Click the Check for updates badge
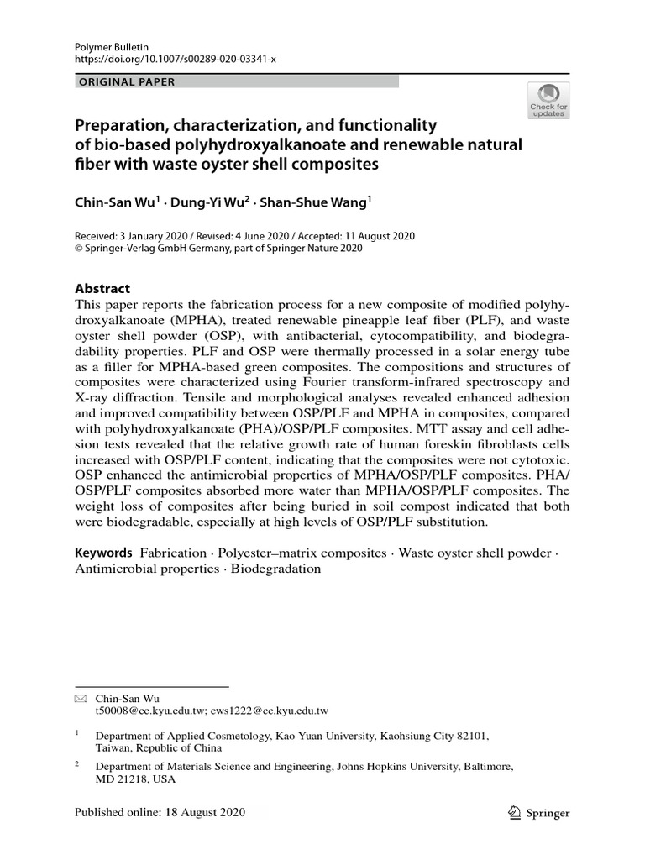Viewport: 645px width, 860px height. [x=548, y=100]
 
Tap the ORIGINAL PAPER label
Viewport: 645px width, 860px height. [x=126, y=81]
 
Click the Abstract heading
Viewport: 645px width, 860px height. [x=103, y=288]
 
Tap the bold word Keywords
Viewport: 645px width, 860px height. [x=103, y=553]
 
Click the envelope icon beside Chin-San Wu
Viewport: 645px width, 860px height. [x=80, y=699]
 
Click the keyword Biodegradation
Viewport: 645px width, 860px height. [x=276, y=569]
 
